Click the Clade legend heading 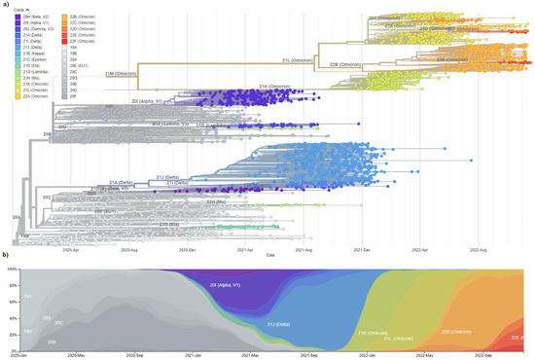[18, 11]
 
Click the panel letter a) [6, 4]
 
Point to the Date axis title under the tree [271, 255]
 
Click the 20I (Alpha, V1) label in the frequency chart [226, 285]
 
